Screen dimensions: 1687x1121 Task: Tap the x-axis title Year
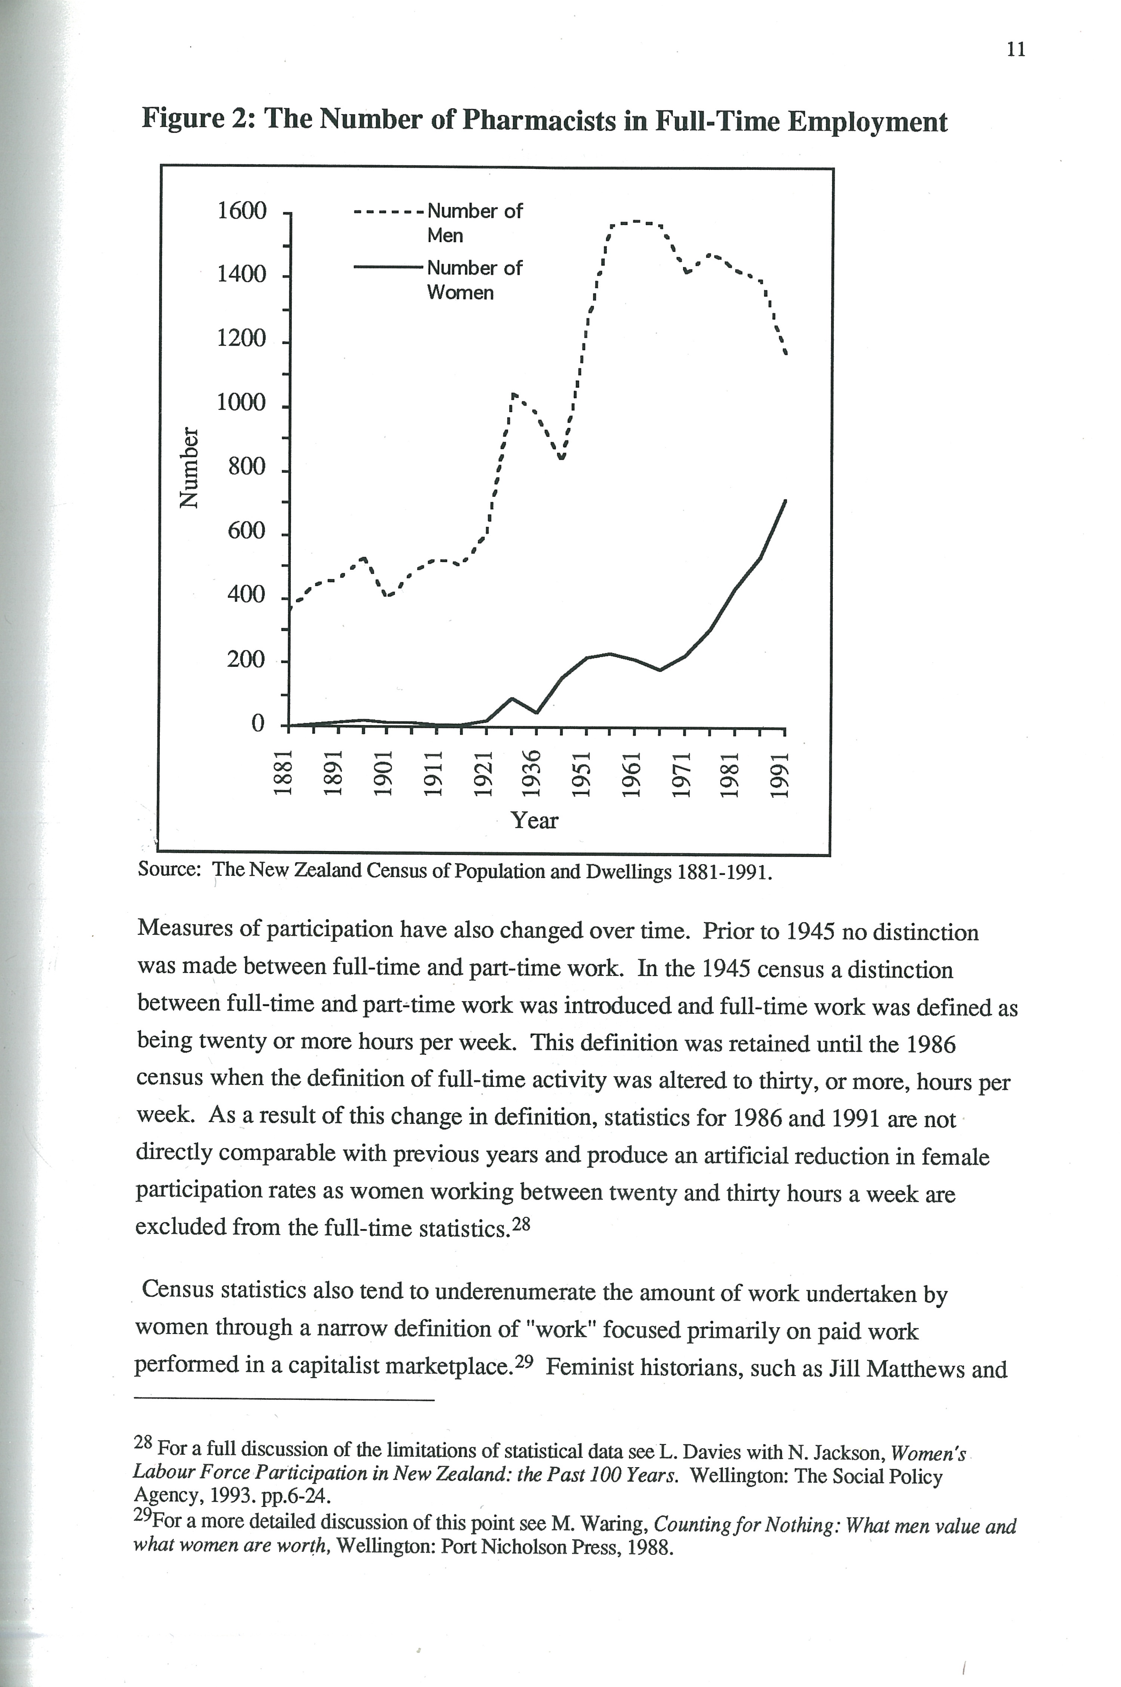point(534,820)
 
